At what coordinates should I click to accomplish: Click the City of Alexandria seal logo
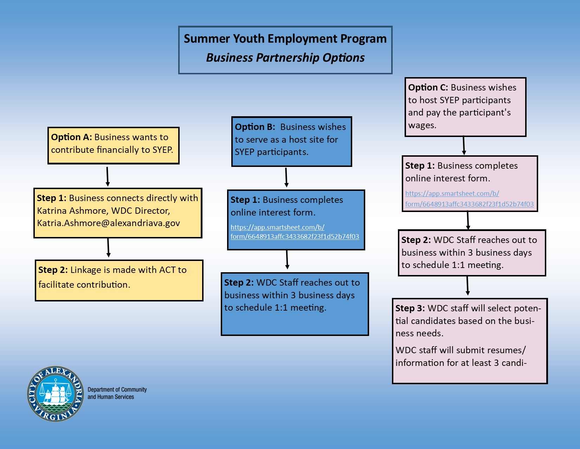pos(56,394)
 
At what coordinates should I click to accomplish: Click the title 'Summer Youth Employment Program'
pos(285,39)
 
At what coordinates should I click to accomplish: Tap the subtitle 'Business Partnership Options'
pos(285,58)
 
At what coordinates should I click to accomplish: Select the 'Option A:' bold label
pos(71,137)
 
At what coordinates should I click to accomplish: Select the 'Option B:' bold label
pos(255,127)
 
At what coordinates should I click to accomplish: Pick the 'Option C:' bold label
pos(428,88)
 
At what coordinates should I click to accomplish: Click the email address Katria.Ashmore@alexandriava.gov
pos(108,223)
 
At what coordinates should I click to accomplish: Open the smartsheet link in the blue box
pos(295,232)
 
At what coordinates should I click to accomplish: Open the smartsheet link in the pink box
pos(469,199)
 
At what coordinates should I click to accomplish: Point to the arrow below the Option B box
pos(286,177)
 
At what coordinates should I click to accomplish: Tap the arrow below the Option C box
pos(464,145)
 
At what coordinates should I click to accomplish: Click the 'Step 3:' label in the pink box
pos(410,308)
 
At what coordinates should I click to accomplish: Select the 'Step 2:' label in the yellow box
pos(53,270)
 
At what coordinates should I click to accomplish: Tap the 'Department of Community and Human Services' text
pos(117,393)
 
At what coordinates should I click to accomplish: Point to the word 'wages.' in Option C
pos(422,126)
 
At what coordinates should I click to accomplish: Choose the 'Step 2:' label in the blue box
pos(239,283)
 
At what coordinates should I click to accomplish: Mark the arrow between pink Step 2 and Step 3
pos(468,286)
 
